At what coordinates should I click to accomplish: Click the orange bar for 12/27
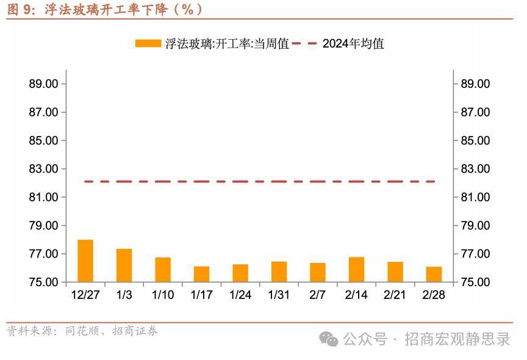pyautogui.click(x=85, y=261)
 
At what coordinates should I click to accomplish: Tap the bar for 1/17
pyautogui.click(x=201, y=274)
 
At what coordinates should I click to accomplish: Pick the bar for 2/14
pyautogui.click(x=356, y=270)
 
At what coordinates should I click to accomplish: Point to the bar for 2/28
pyautogui.click(x=434, y=275)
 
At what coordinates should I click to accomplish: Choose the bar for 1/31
pyautogui.click(x=279, y=272)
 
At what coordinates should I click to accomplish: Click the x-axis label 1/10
pyautogui.click(x=163, y=295)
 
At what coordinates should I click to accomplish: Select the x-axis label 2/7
pyautogui.click(x=318, y=295)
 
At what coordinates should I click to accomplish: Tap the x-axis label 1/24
pyautogui.click(x=240, y=295)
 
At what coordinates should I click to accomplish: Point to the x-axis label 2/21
pyautogui.click(x=395, y=295)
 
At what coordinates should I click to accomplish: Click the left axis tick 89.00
pyautogui.click(x=43, y=84)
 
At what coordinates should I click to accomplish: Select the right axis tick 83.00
pyautogui.click(x=475, y=169)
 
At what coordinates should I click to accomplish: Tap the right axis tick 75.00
pyautogui.click(x=475, y=283)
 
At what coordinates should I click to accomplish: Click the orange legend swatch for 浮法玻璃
pyautogui.click(x=148, y=43)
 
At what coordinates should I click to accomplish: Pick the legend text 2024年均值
pyautogui.click(x=353, y=43)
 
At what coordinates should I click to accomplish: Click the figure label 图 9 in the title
pyautogui.click(x=21, y=10)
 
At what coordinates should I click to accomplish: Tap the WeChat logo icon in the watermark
pyautogui.click(x=330, y=339)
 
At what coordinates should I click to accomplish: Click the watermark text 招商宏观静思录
pyautogui.click(x=457, y=339)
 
